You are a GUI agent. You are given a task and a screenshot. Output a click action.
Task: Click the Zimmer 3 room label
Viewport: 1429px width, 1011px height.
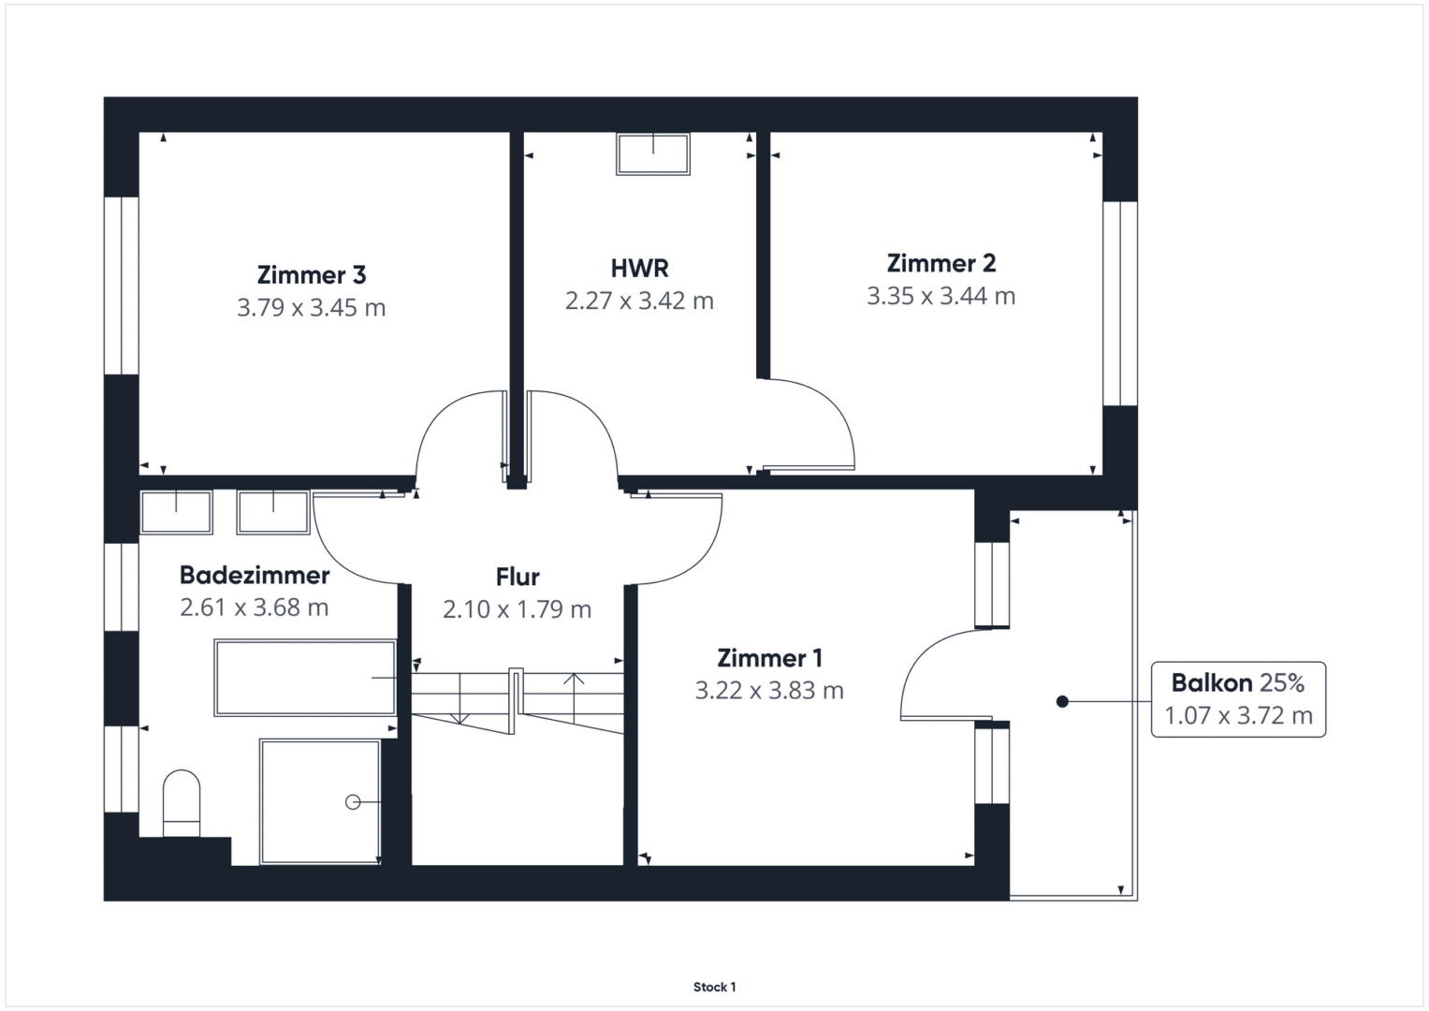click(312, 275)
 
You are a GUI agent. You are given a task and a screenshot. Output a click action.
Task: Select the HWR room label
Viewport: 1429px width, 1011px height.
click(639, 269)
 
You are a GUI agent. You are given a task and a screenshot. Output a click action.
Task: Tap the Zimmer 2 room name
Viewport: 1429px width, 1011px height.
click(941, 263)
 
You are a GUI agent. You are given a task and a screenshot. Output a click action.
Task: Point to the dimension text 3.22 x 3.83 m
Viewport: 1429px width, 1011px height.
click(768, 691)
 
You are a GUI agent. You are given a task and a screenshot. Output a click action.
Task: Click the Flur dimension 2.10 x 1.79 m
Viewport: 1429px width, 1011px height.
click(517, 609)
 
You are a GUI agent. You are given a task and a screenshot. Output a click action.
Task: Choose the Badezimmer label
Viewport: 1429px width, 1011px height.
click(255, 575)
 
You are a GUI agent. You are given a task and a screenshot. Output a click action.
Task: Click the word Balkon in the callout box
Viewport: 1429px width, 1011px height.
click(1212, 683)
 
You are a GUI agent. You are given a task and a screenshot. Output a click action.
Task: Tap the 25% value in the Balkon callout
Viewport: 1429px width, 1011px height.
click(1282, 683)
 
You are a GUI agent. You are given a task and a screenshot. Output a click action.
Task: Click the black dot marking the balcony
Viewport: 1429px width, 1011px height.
click(1062, 701)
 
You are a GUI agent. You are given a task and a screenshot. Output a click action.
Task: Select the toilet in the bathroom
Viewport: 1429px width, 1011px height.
click(182, 803)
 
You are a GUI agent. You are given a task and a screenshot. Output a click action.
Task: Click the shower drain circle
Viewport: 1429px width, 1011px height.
click(353, 802)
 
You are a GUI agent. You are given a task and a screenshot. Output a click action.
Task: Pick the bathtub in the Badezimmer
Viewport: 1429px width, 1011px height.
click(305, 677)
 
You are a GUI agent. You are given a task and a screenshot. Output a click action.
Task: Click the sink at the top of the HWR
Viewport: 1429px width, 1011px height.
click(653, 154)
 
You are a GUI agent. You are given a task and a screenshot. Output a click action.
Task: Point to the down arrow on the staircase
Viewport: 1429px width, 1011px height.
click(460, 697)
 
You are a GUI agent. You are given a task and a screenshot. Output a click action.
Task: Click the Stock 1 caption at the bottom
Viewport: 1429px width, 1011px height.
click(715, 988)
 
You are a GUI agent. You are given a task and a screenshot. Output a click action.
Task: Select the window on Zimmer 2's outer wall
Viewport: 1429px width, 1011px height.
click(1120, 304)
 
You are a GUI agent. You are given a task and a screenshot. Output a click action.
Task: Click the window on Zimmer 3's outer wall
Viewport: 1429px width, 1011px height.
click(122, 286)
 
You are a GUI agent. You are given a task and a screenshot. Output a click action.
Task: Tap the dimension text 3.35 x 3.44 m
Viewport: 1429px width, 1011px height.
click(941, 296)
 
